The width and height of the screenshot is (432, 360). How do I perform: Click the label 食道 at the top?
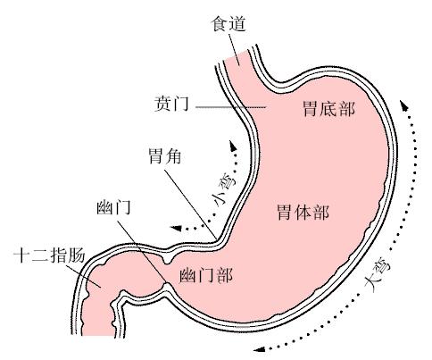[228, 23]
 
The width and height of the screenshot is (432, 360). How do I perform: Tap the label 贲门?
[171, 104]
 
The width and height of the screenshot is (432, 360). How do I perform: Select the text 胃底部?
[328, 109]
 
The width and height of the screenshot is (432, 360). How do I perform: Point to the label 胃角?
[165, 155]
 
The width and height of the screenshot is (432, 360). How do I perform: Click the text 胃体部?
[303, 212]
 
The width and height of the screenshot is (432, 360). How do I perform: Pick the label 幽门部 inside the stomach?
[206, 275]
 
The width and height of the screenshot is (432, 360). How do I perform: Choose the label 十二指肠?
[50, 255]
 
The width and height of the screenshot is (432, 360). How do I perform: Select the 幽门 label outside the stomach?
[113, 207]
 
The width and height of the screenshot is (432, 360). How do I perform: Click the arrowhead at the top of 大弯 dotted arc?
[403, 106]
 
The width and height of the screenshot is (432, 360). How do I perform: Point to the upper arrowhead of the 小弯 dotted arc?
[233, 147]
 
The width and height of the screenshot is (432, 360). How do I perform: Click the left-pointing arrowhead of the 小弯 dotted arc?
[176, 228]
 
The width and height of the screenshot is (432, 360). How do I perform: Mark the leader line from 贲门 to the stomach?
[230, 107]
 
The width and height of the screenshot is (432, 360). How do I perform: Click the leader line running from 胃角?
[191, 205]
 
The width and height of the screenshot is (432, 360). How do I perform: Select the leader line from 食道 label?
[234, 48]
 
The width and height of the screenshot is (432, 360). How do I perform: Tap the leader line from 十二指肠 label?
[83, 275]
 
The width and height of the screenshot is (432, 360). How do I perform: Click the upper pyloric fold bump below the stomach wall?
[167, 258]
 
